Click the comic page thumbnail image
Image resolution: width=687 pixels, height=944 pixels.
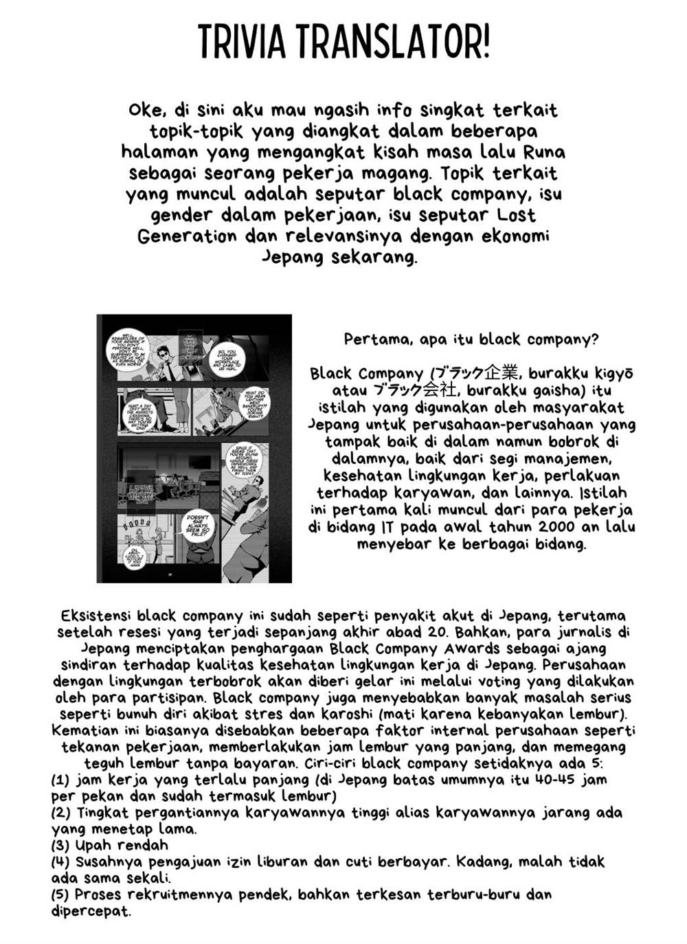coord(194,449)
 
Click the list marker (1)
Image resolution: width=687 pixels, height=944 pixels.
coord(61,780)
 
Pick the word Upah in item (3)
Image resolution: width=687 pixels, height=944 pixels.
coord(93,846)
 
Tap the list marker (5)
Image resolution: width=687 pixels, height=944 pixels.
coord(61,895)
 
